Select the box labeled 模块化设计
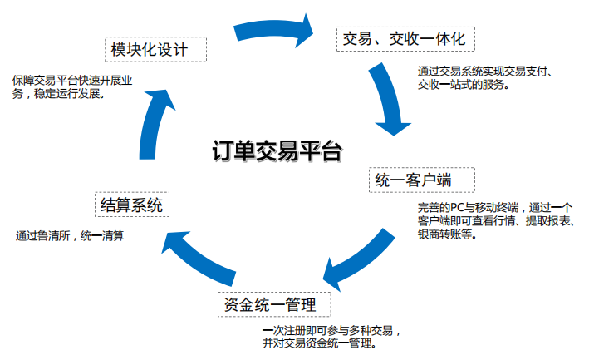[x=155, y=49]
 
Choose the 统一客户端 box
[x=421, y=180]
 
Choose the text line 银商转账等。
[x=446, y=235]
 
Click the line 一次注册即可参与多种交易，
[x=332, y=329]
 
